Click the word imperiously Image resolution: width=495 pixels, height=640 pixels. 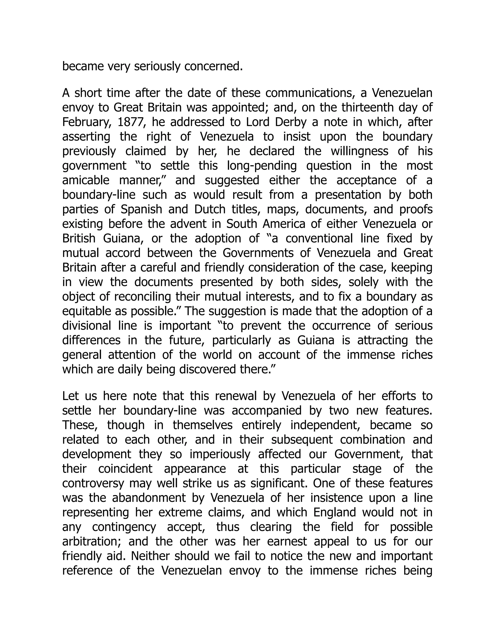tap(220, 454)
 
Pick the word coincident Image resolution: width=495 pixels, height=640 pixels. tap(125, 469)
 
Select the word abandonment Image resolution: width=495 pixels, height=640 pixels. tap(149, 498)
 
